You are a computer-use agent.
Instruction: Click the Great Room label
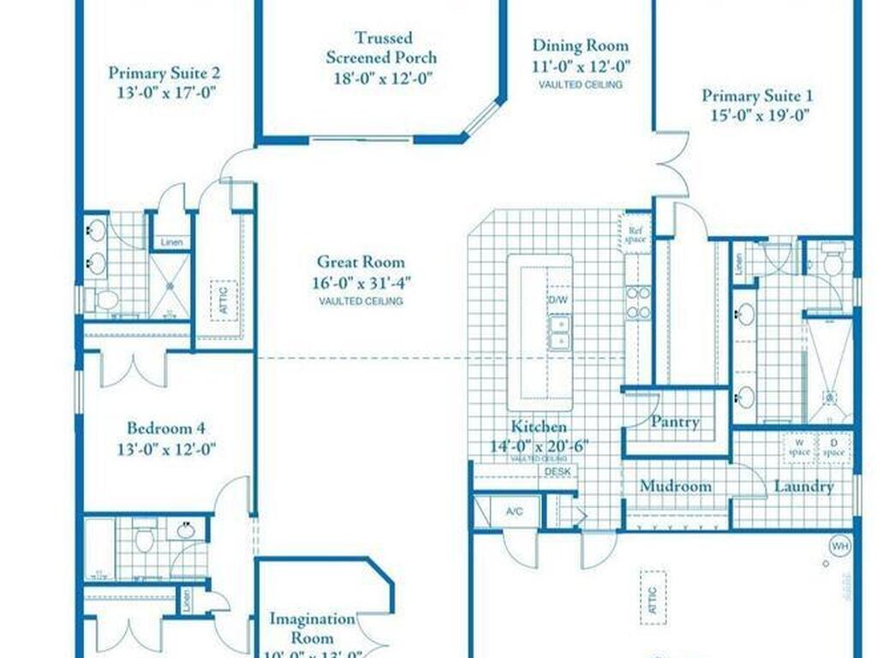[x=361, y=262]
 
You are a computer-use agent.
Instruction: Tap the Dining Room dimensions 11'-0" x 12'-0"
[x=580, y=66]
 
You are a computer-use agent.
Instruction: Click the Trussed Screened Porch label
[x=384, y=48]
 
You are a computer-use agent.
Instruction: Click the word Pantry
[x=675, y=422]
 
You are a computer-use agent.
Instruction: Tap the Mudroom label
[x=676, y=487]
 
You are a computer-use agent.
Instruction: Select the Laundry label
[x=803, y=487]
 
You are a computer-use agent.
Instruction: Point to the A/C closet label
[x=514, y=511]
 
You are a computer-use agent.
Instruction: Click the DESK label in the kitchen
[x=557, y=471]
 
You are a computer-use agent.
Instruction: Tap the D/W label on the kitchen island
[x=558, y=301]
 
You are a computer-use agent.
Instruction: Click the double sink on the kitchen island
[x=558, y=332]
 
